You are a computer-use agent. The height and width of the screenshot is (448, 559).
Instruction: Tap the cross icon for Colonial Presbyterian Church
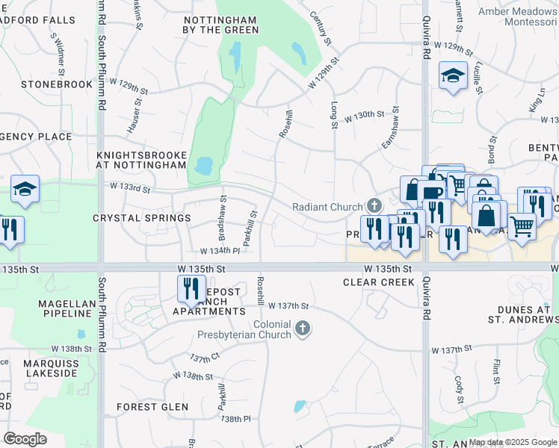tap(302, 329)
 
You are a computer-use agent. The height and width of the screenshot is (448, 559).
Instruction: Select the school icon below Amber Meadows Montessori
tap(453, 76)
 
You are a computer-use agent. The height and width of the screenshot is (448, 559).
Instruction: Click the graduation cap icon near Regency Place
tap(25, 190)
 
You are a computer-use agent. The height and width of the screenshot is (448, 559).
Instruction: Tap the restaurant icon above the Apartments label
tap(191, 287)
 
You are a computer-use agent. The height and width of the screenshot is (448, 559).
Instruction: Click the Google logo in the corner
tap(25, 439)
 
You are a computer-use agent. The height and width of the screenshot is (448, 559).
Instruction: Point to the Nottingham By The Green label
tap(221, 25)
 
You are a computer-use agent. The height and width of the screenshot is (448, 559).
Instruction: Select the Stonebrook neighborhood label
tap(46, 84)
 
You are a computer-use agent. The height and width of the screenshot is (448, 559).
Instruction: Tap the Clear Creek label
tap(378, 282)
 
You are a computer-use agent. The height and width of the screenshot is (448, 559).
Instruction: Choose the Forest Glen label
tap(152, 407)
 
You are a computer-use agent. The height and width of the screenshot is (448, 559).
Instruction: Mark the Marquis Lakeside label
tap(49, 366)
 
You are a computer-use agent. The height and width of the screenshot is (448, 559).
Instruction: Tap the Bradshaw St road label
tap(223, 213)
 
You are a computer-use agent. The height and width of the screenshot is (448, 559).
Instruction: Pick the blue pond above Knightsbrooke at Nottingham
tap(203, 165)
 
